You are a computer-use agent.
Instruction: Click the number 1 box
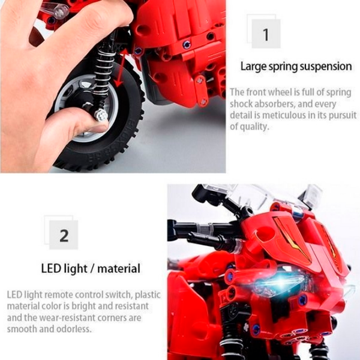click(x=266, y=34)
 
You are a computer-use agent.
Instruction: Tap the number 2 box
click(x=64, y=235)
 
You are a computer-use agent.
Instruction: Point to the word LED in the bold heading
click(x=51, y=268)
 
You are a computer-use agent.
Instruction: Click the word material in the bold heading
click(x=119, y=268)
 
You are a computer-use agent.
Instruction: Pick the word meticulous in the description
click(x=284, y=115)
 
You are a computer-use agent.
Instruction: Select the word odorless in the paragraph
click(x=74, y=329)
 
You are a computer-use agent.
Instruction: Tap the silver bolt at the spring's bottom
click(x=101, y=115)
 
